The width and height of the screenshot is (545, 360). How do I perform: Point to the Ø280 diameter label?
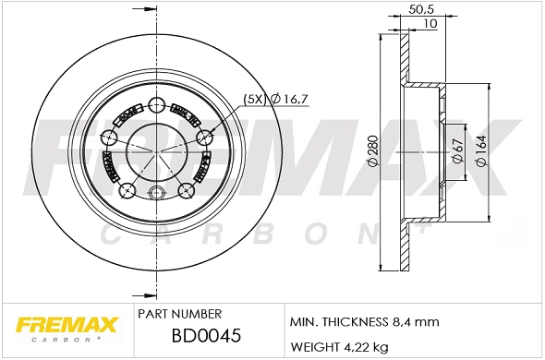click(x=372, y=151)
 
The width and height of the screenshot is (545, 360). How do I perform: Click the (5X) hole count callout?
click(x=253, y=98)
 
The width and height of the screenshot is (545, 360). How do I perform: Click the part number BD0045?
click(x=208, y=337)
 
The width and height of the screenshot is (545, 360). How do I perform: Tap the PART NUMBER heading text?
click(x=178, y=315)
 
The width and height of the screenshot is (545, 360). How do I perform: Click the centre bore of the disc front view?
click(x=155, y=151)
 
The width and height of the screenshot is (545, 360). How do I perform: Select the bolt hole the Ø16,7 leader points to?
click(x=203, y=138)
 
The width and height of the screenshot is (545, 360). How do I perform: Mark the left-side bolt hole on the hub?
click(x=109, y=138)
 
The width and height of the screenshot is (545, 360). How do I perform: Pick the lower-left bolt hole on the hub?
click(x=127, y=191)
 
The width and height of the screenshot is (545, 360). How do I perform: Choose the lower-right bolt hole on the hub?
click(x=185, y=191)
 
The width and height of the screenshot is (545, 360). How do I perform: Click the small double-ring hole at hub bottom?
click(x=156, y=192)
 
